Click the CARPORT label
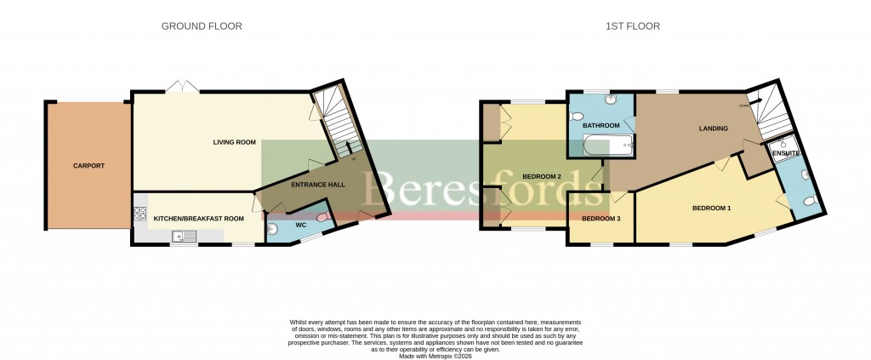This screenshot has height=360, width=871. click(x=88, y=165)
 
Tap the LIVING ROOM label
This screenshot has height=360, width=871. click(x=234, y=142)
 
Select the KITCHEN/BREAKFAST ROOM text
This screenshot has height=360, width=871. click(x=199, y=219)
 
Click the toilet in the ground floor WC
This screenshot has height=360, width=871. click(x=322, y=219)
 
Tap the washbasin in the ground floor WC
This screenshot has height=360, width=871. click(x=272, y=227)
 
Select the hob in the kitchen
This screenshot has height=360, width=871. click(x=139, y=213)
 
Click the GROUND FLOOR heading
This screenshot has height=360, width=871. click(x=202, y=26)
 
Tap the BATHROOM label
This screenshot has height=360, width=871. click(x=601, y=125)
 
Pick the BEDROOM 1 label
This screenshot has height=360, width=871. click(x=711, y=208)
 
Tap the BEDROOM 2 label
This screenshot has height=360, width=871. click(x=542, y=176)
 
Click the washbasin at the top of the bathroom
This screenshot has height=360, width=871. click(x=612, y=100)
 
